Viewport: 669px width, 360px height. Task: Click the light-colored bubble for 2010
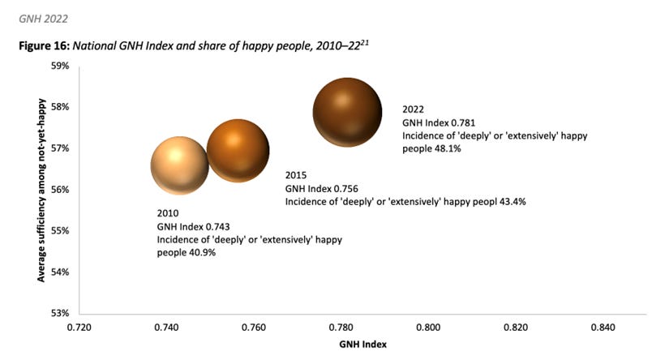(x=180, y=165)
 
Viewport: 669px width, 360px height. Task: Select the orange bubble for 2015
(x=238, y=150)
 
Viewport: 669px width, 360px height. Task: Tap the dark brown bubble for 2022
(x=347, y=113)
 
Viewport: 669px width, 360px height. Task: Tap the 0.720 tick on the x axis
(x=79, y=328)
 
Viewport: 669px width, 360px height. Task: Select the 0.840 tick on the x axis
(x=603, y=328)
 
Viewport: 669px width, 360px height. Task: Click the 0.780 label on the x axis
(x=341, y=328)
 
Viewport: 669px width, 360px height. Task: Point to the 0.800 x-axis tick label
(x=428, y=328)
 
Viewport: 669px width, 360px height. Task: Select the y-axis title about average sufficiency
(x=40, y=191)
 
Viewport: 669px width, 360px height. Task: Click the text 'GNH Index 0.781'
(x=439, y=122)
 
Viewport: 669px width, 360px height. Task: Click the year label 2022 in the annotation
(x=414, y=109)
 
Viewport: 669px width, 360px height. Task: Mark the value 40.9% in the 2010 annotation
(x=202, y=253)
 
